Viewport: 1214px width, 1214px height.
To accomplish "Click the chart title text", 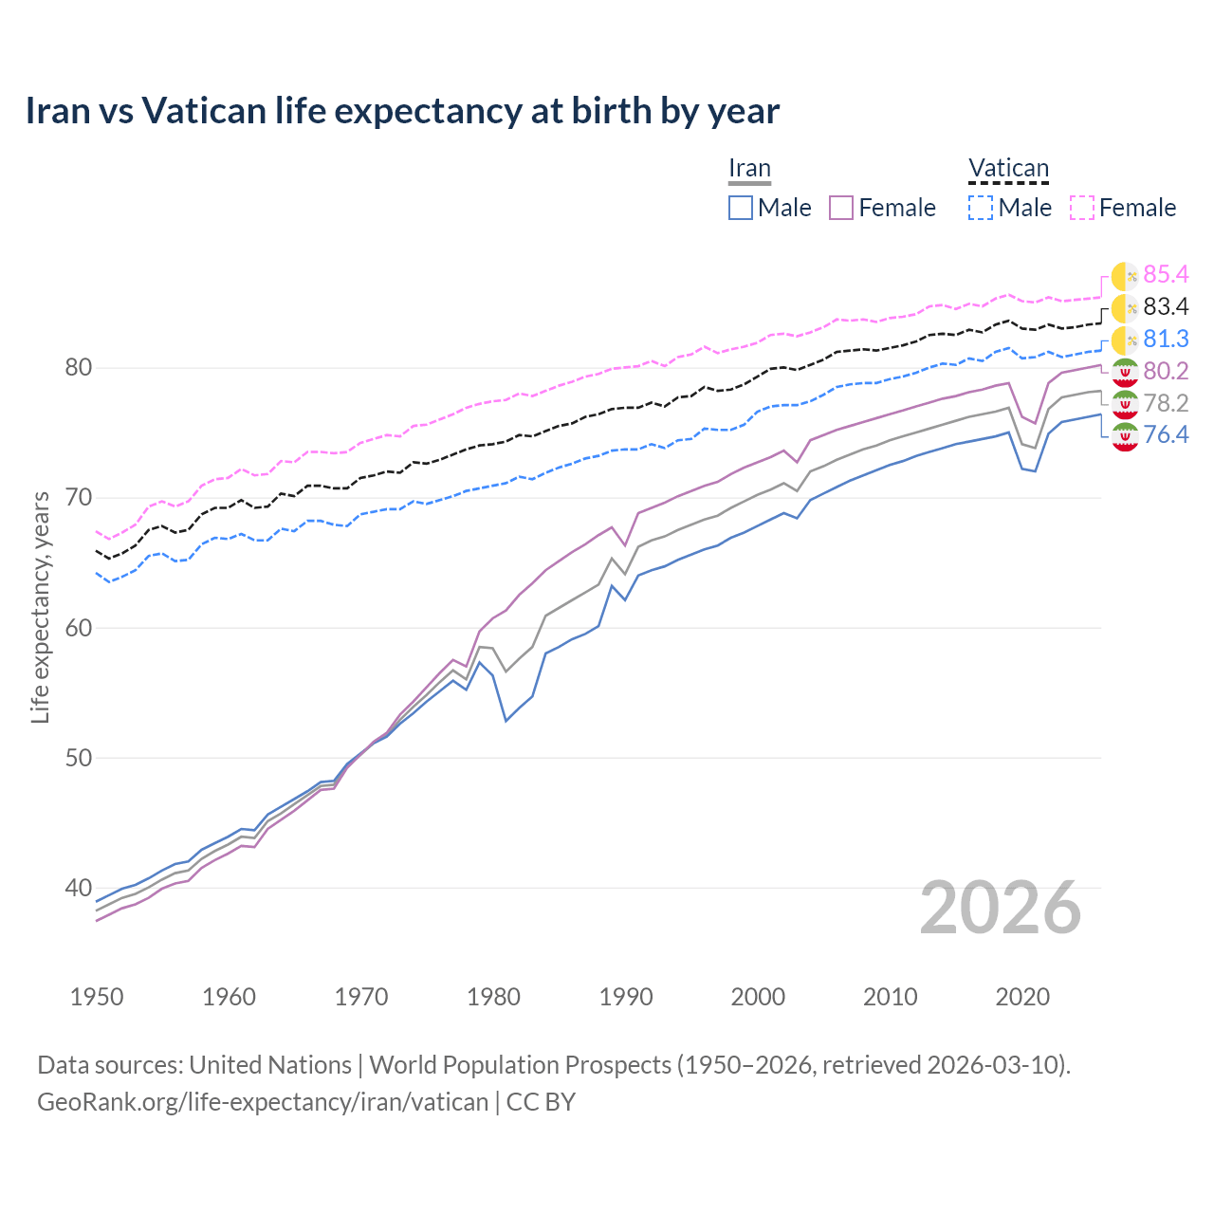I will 402,111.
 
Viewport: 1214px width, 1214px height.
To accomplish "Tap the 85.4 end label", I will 1166,275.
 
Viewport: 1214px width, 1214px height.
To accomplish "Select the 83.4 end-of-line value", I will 1166,307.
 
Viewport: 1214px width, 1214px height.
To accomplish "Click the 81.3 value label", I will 1166,340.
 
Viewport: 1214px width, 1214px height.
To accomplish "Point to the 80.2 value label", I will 1166,371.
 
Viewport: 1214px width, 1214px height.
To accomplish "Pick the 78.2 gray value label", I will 1166,404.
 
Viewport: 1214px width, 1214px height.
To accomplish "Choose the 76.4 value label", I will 1166,435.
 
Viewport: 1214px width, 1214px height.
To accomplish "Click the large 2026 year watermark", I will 1001,909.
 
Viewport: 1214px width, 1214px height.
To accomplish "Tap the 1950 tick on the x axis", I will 97,997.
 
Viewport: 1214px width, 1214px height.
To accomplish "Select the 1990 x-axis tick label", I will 626,997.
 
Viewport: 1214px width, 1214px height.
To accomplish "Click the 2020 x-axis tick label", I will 1022,997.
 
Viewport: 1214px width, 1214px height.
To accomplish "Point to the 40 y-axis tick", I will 77,889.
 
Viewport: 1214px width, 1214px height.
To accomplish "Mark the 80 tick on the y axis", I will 77,368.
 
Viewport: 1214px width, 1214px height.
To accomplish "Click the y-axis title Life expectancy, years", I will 41,607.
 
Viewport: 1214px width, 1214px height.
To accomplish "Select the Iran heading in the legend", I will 749,169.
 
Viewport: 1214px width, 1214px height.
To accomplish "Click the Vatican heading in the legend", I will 1008,169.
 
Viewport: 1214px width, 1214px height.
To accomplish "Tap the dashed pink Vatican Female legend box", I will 1082,208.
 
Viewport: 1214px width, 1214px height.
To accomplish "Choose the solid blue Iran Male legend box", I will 741,208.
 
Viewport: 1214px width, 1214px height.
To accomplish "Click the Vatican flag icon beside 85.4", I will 1125,276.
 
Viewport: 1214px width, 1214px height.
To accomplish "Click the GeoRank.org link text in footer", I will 263,1102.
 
